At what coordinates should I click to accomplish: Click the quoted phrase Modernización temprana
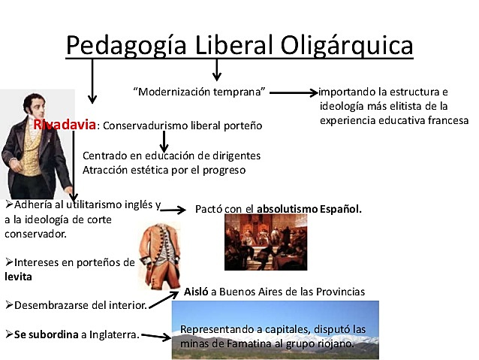point(200,92)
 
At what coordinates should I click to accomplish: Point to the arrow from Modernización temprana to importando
point(294,92)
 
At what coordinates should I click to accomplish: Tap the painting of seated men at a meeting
point(266,242)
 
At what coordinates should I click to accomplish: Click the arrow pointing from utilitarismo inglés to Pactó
point(174,210)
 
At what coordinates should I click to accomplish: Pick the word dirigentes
point(234,156)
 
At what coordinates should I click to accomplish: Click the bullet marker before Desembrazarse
point(8,306)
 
